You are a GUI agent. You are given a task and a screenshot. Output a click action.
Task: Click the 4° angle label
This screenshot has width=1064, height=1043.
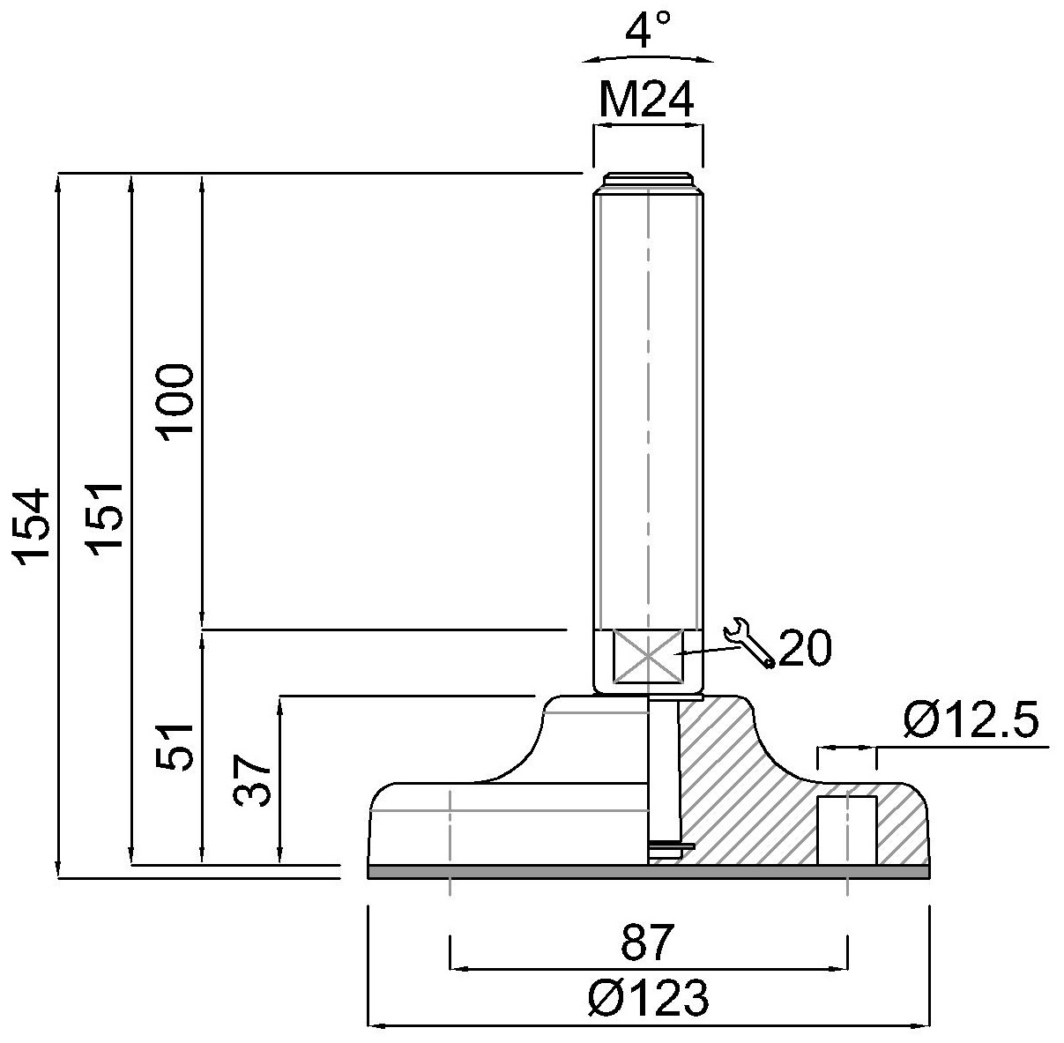648,32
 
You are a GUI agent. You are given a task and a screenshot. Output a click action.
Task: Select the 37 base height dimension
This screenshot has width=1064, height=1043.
252,779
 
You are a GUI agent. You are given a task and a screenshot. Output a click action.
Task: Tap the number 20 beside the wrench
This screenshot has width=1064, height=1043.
805,650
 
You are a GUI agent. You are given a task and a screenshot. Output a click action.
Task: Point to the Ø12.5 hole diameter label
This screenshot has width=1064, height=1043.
971,721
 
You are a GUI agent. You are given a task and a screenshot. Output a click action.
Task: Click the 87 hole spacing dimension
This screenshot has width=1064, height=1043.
647,943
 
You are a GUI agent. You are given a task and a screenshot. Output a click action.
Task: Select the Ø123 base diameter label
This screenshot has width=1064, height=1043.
648,999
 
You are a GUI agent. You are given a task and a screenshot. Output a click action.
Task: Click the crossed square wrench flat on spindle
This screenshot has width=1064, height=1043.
648,656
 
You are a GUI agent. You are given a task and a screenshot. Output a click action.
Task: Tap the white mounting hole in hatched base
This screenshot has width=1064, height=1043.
846,830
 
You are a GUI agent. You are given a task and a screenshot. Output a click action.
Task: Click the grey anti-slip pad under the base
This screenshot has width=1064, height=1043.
648,872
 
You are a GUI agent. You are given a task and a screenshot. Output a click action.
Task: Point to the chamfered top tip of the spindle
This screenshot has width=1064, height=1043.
648,181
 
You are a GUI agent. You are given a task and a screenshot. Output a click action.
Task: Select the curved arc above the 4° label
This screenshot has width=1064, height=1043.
648,57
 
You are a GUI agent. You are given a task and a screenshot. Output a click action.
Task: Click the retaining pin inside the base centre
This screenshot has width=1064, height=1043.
662,776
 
